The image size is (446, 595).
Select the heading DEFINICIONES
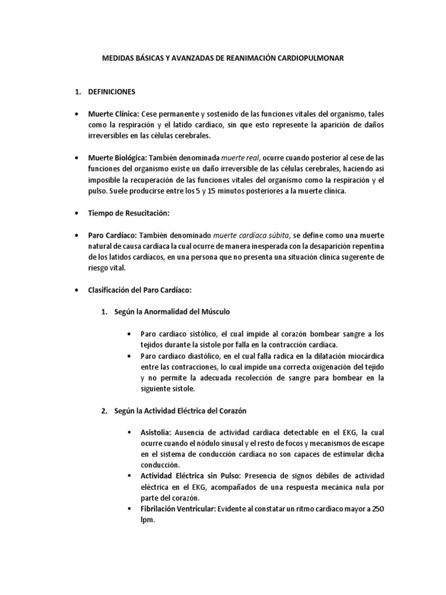point(111,92)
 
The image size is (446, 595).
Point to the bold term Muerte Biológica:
point(117,157)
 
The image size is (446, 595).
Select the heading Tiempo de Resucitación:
point(128,213)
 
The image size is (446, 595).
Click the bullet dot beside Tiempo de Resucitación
point(75,214)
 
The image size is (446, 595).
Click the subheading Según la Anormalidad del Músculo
point(170,311)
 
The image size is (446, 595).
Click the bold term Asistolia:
point(158,433)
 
